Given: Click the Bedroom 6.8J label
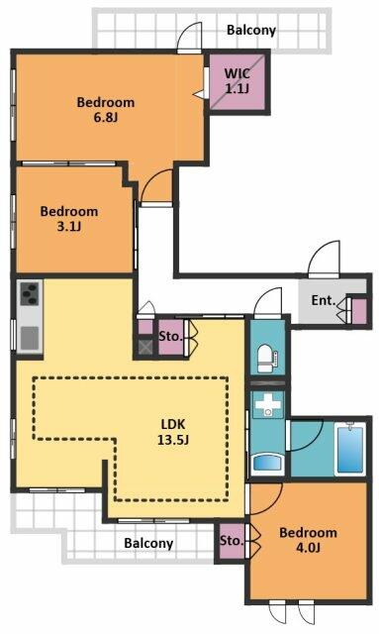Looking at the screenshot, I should point(106,109).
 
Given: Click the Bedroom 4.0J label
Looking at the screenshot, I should point(309,541).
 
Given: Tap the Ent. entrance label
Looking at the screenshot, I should point(323,301).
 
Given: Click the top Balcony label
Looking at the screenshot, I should point(250,30).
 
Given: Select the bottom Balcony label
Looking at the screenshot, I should point(148,543).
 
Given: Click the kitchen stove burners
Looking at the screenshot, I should point(28,294).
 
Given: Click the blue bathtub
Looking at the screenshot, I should point(351,449).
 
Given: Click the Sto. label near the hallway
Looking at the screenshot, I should point(169,336).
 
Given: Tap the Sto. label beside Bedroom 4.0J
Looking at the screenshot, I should point(232,541).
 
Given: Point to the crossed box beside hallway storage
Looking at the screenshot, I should point(145,347).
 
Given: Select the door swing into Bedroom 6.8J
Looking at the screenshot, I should point(156,185).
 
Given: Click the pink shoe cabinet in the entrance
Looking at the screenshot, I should point(359,310).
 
